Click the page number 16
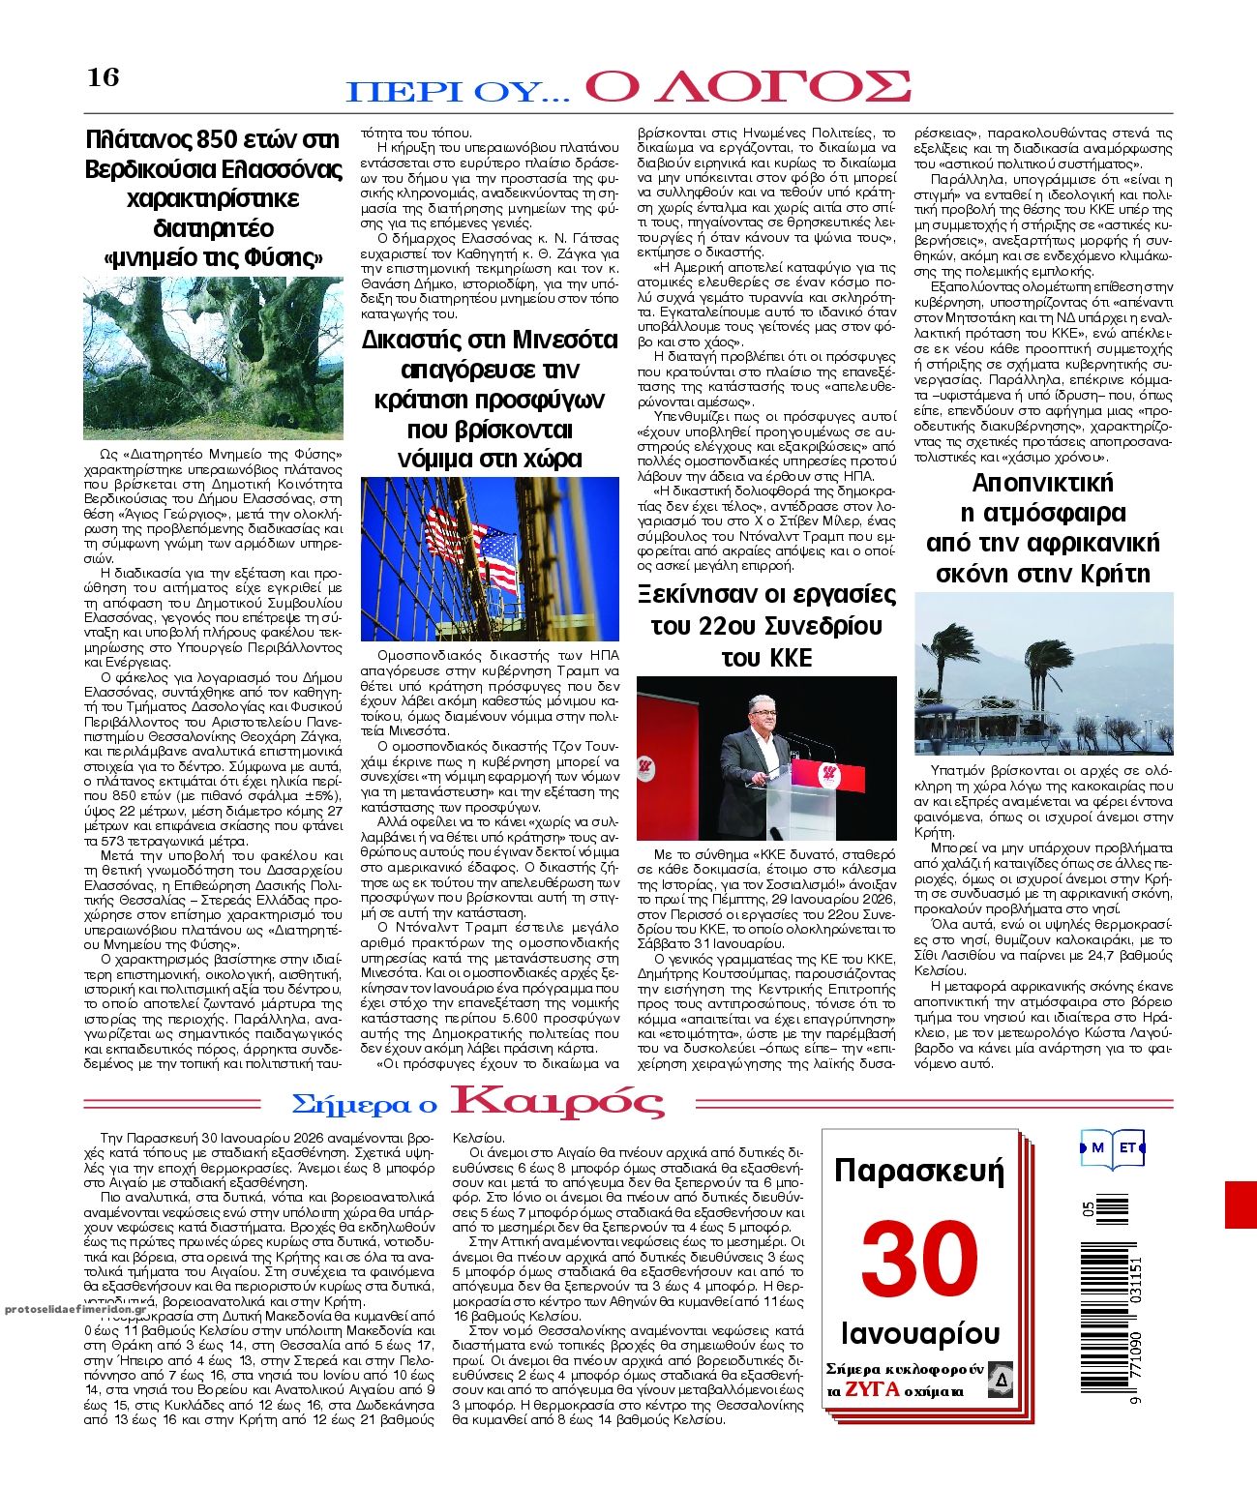tap(104, 77)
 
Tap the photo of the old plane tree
tap(213, 357)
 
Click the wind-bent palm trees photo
tap(1043, 673)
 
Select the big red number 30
tap(919, 1258)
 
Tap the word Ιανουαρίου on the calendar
tap(920, 1333)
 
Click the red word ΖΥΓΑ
tap(871, 1390)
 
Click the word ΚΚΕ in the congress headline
tap(766, 659)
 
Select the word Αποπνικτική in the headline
tap(1042, 483)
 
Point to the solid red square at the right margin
tap(1241, 1204)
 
